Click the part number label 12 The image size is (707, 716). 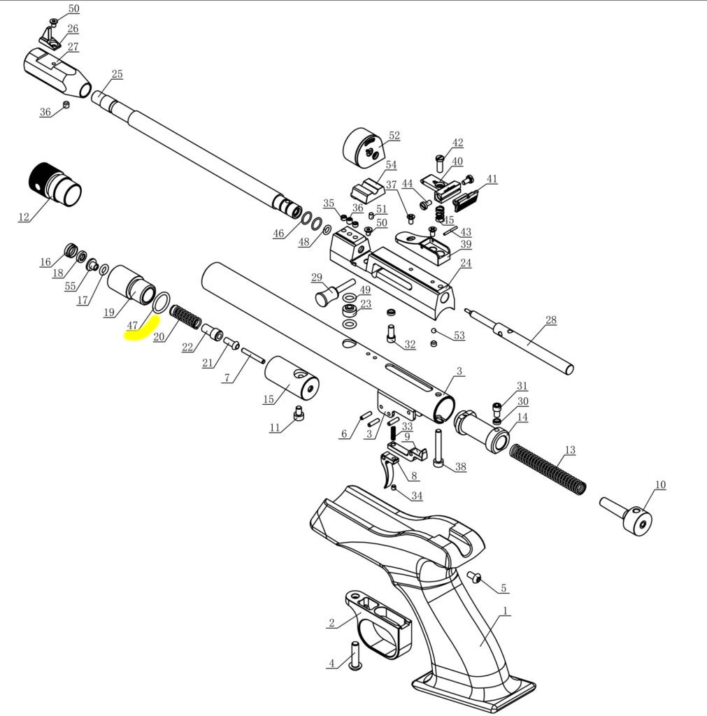click(24, 217)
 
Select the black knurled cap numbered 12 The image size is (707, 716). click(55, 184)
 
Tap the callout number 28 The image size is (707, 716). click(550, 320)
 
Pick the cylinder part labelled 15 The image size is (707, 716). click(291, 378)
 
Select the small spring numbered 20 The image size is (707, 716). click(185, 315)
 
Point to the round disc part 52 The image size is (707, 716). click(364, 148)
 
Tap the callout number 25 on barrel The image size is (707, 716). click(117, 74)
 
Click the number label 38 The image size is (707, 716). click(459, 467)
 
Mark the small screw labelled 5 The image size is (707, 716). click(476, 578)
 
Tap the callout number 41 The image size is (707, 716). click(492, 179)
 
